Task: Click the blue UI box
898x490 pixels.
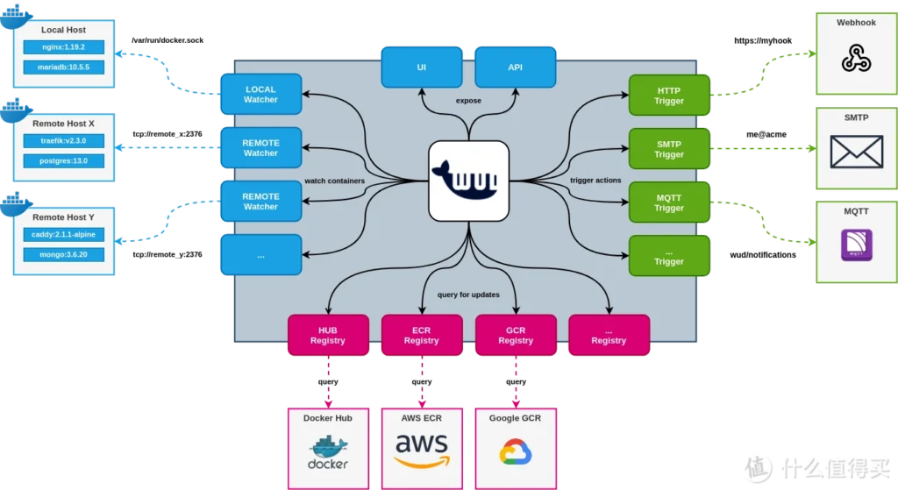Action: click(422, 67)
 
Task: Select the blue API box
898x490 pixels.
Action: click(515, 67)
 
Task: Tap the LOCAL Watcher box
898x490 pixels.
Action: click(260, 95)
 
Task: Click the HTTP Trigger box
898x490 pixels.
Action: click(668, 96)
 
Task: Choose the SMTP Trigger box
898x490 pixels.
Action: click(668, 149)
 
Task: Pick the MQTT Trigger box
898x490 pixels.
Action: click(668, 202)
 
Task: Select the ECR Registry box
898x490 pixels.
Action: click(422, 335)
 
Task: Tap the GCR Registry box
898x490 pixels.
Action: click(516, 335)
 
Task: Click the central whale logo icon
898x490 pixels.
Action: click(468, 181)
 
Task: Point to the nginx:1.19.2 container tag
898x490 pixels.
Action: click(63, 47)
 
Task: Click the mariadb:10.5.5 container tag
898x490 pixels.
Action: click(63, 67)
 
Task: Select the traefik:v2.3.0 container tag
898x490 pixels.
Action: click(63, 141)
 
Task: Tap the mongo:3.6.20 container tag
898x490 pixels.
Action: click(63, 253)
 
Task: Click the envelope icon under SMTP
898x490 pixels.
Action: click(856, 152)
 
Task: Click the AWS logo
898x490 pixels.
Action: click(421, 450)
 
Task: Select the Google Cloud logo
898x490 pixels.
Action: click(515, 452)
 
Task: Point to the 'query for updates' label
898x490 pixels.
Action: click(468, 295)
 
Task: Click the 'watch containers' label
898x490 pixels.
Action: click(334, 181)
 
